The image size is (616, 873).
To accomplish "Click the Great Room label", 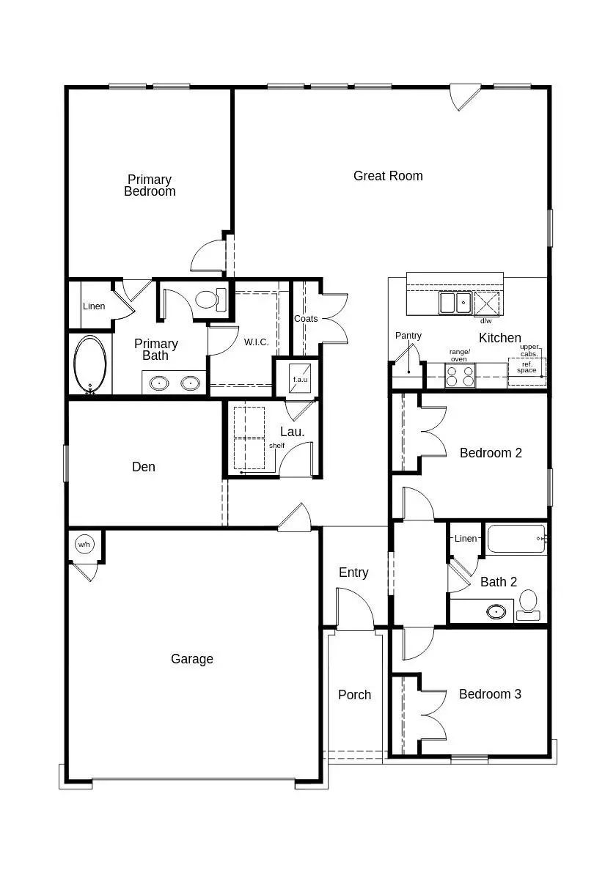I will coord(388,176).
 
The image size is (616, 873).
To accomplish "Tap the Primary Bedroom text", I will coord(150,185).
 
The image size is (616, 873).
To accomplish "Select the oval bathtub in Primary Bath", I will coord(90,365).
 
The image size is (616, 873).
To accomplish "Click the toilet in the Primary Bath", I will coord(209,300).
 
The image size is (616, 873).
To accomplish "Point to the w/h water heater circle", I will coord(84,545).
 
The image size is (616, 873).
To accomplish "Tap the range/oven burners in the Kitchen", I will coord(461,376).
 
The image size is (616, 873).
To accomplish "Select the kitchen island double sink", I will coord(455,302).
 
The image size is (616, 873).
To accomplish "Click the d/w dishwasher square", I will coord(486,303).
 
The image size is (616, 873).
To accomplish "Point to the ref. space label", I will coord(527,366).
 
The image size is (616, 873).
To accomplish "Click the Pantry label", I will coord(408,336).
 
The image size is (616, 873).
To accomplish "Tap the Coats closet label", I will coord(306,319).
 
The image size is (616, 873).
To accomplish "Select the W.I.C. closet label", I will coord(256,342).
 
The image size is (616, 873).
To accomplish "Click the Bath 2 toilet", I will coord(528,605).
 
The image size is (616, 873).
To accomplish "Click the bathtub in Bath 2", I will coord(516,539).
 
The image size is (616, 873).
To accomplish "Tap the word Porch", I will coord(354,695).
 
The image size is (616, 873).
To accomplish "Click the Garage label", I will coord(192,659).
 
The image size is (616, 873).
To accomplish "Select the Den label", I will coord(144,467).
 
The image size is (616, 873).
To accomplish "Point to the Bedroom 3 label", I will coord(490,694).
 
